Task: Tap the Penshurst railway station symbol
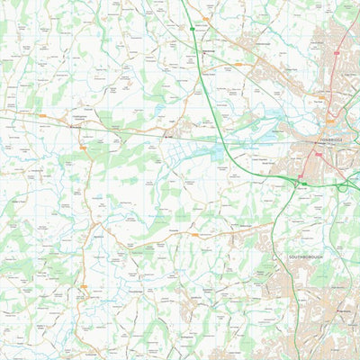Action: (x=73, y=127)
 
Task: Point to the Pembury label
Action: (x=342, y=310)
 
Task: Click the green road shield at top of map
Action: (x=192, y=28)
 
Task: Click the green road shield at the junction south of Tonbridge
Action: (x=304, y=184)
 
